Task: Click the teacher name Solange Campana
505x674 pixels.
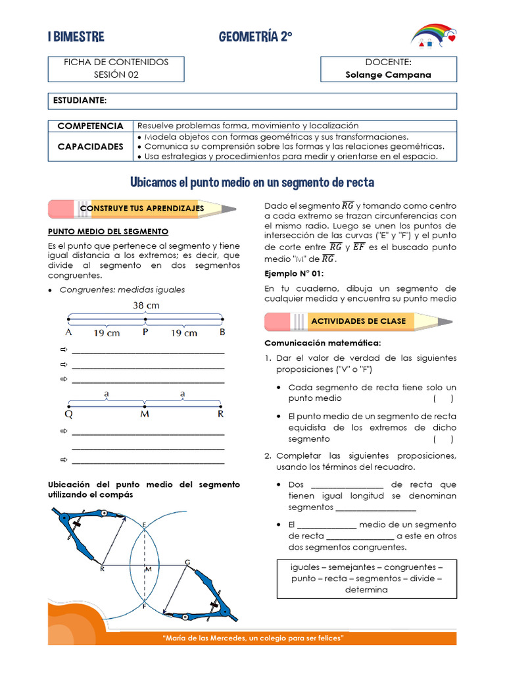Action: coord(388,74)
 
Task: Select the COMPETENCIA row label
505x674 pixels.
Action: coord(90,125)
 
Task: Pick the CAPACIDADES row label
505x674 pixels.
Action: coord(90,146)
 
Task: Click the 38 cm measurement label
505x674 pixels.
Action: coord(146,305)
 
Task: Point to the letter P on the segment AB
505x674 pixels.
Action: coord(145,332)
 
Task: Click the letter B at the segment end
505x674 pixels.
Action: coord(222,332)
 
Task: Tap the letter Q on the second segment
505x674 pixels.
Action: coord(68,415)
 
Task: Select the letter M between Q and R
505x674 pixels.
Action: coord(145,415)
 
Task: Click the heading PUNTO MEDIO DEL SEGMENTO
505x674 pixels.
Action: coord(108,232)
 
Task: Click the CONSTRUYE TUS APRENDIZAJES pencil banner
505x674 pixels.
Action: coord(142,209)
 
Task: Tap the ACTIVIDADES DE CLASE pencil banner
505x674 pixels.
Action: coord(358,321)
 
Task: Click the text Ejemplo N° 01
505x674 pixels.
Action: coord(294,273)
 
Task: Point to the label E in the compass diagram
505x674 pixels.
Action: coord(145,524)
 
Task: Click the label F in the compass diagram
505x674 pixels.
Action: coord(145,608)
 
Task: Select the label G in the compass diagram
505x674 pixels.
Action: coord(187,561)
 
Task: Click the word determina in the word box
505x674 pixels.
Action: coord(366,590)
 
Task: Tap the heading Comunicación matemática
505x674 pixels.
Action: coord(322,343)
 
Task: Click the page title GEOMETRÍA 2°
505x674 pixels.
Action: coord(256,38)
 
